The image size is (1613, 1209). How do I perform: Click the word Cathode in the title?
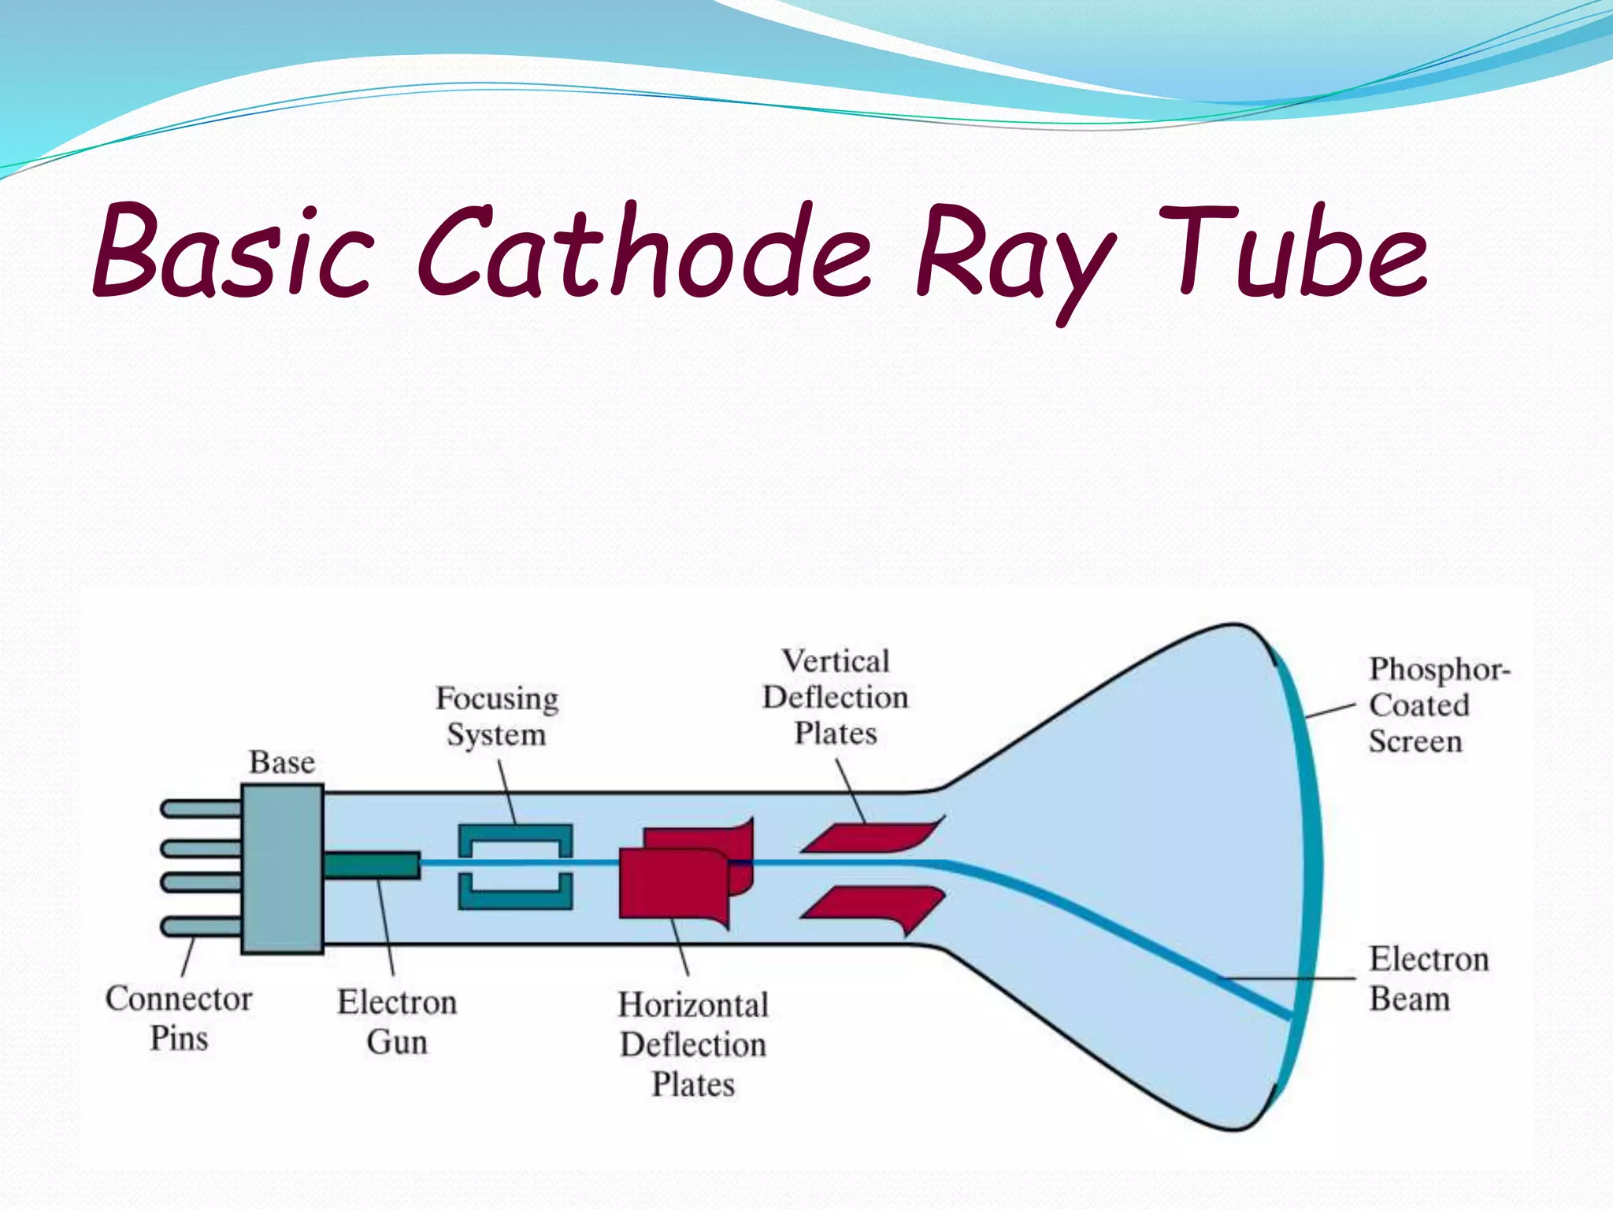tap(642, 252)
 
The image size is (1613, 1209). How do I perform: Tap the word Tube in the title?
tap(1292, 252)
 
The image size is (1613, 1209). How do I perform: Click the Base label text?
tap(282, 762)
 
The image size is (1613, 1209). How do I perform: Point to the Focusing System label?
tap(497, 716)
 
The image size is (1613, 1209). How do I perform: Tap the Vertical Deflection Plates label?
tap(835, 697)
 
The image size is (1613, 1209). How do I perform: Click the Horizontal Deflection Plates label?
tap(693, 1044)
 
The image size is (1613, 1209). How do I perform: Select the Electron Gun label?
tap(397, 1022)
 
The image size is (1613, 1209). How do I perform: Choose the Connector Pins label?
tap(179, 1019)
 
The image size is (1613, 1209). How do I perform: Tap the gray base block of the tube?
tap(282, 869)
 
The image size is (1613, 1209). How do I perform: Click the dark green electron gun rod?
tap(371, 865)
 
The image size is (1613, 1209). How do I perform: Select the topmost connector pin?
tap(201, 808)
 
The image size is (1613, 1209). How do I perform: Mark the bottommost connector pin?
tap(201, 926)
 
